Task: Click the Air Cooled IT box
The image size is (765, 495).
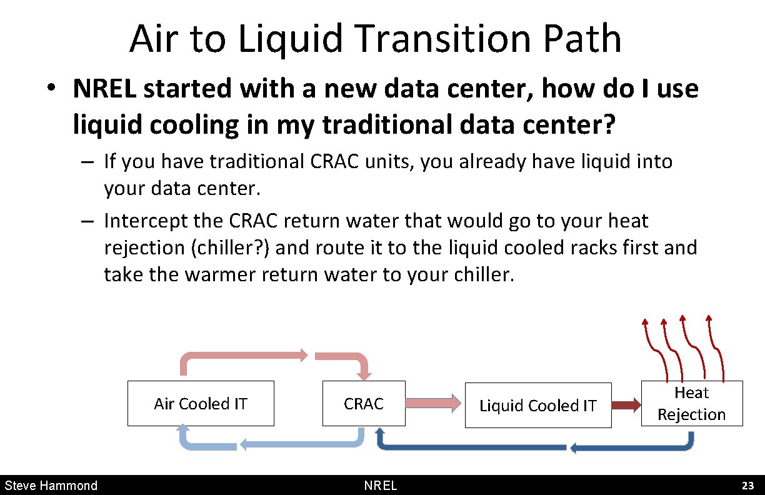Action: point(201,404)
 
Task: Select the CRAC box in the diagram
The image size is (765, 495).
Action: point(364,404)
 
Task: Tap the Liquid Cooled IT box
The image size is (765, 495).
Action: point(537,406)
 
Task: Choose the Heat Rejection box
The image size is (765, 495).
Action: point(692,404)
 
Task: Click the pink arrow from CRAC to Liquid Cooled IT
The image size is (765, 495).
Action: point(435,404)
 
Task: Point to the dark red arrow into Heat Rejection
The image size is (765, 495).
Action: point(626,405)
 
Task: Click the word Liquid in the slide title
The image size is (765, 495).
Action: point(291,38)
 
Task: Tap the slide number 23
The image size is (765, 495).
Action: point(747,486)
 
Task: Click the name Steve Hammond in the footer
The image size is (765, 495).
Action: point(51,486)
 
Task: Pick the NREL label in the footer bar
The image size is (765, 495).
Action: point(381,486)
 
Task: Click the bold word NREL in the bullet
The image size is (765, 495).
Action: point(106,89)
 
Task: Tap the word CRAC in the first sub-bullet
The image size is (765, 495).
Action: point(332,161)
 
